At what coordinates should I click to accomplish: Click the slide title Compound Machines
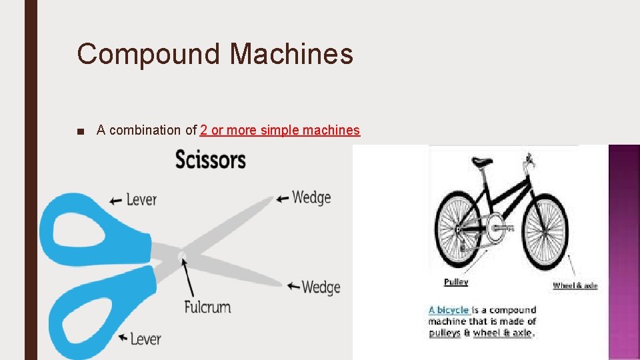215,53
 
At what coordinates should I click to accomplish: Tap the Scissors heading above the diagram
210,160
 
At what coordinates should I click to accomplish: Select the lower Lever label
145,339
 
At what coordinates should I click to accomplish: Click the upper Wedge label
311,197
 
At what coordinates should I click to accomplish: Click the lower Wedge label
321,287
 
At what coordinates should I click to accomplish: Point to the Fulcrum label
207,307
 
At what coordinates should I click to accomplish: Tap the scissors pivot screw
181,255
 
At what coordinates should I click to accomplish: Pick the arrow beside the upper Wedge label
283,198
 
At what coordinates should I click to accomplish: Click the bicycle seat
482,162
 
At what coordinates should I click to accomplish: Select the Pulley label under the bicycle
456,282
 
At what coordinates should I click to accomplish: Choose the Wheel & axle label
575,285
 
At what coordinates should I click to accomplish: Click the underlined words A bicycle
449,310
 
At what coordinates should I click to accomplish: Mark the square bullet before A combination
81,131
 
